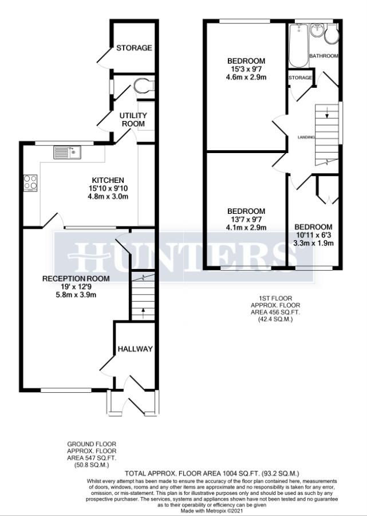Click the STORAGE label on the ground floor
[135, 48]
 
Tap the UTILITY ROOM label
[133, 119]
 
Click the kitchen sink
[68, 153]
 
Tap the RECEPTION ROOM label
[76, 279]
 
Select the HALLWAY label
[135, 349]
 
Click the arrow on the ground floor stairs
[143, 312]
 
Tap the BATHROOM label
[323, 56]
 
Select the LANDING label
[306, 137]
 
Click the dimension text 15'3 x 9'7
[247, 71]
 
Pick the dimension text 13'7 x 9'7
[246, 218]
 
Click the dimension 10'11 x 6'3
[313, 234]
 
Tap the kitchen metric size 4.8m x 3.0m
[105, 197]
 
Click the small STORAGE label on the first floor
[301, 77]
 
